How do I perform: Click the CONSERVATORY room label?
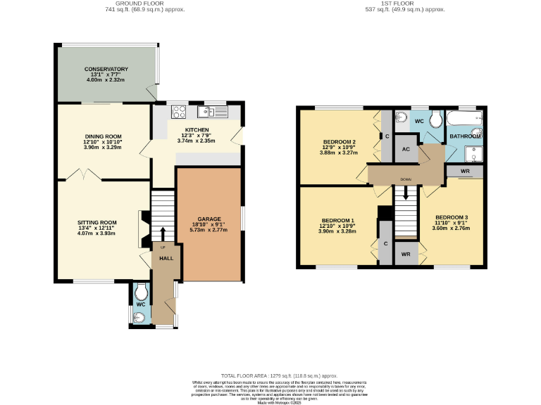coord(106,69)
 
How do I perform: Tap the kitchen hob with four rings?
coord(179,111)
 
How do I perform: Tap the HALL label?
coord(166,259)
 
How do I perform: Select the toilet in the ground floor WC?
coord(141,290)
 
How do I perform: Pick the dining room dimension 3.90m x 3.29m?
coord(104,148)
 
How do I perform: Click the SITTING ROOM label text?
coord(97,223)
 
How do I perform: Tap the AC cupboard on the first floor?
coord(406,149)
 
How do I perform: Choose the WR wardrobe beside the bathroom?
coord(465,172)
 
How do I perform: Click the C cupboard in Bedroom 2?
coord(387,136)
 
